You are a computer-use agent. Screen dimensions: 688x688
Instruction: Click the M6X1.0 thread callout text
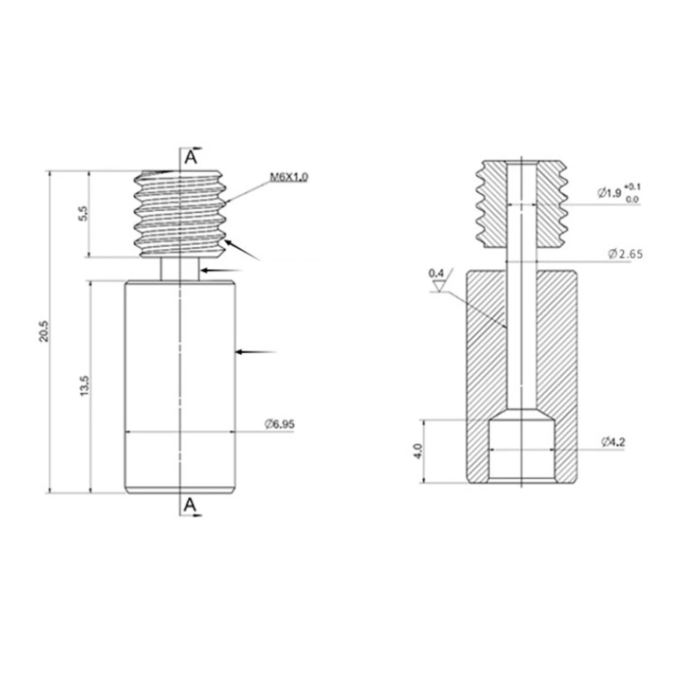289,177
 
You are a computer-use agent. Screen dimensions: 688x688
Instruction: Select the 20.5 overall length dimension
43,332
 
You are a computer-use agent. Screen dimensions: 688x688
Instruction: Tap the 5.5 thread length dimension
83,213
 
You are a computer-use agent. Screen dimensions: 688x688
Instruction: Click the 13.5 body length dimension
84,386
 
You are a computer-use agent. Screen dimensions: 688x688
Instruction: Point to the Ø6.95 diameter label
279,424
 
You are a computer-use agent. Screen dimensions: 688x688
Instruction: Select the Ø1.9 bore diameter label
609,193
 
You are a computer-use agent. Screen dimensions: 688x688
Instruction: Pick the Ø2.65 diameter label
625,254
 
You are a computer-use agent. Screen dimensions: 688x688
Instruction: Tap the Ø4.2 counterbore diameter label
613,442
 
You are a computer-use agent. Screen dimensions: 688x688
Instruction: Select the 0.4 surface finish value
436,273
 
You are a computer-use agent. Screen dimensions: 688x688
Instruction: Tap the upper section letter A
190,158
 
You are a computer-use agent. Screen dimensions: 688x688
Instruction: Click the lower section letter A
190,505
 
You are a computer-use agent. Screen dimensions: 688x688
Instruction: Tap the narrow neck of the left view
180,269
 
